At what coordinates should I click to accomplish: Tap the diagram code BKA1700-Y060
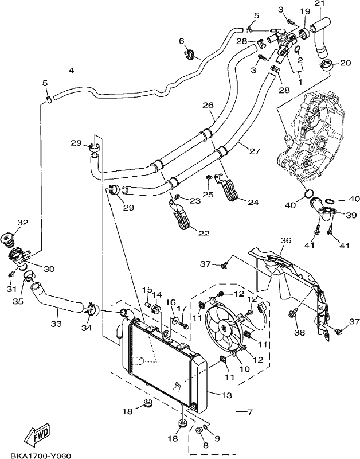[x=41, y=456]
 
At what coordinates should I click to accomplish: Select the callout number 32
[x=23, y=223]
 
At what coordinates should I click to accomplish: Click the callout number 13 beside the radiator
[x=226, y=395]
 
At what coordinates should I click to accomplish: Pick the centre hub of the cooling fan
[x=224, y=329]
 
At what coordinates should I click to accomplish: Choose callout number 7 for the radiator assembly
[x=249, y=412]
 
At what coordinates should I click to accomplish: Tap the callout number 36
[x=285, y=240]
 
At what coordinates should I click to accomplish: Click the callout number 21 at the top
[x=319, y=4]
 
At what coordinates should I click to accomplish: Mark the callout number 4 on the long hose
[x=71, y=71]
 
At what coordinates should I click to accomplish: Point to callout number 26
[x=208, y=106]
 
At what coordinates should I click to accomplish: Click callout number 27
[x=255, y=151]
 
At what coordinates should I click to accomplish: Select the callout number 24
[x=253, y=202]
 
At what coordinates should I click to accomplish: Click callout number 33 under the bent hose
[x=56, y=324]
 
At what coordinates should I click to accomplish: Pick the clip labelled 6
[x=190, y=54]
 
